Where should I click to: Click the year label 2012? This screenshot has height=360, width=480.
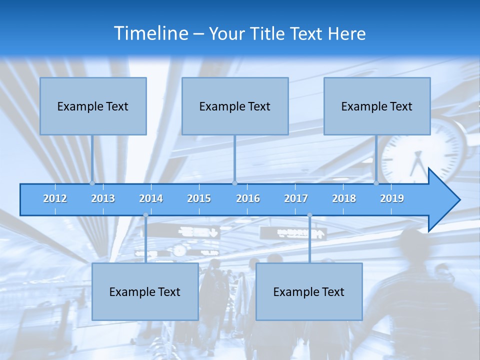pos(55,198)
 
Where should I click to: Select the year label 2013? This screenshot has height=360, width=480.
pos(103,198)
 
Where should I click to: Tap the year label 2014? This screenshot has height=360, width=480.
pos(151,198)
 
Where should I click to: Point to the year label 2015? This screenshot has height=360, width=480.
pos(199,198)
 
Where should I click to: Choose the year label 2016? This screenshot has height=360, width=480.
pos(248,198)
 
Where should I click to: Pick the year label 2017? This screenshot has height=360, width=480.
pos(296,198)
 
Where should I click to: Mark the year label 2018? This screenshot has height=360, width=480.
pos(344,198)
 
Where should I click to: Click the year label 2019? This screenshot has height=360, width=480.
pos(392,198)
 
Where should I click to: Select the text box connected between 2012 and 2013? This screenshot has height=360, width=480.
pos(93,106)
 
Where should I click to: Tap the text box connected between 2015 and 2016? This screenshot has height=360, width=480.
pos(235,106)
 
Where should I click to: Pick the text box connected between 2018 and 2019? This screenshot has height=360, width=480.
pos(377,106)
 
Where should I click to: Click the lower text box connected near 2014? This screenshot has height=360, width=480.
pos(145,291)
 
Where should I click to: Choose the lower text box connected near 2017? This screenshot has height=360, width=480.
pos(309,291)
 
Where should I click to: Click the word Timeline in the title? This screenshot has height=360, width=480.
pos(150,33)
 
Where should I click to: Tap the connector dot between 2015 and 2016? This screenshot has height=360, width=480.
pos(234,183)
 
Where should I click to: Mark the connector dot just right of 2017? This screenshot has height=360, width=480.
pos(309,215)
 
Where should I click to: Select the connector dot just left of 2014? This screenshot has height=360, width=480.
pos(145,215)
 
